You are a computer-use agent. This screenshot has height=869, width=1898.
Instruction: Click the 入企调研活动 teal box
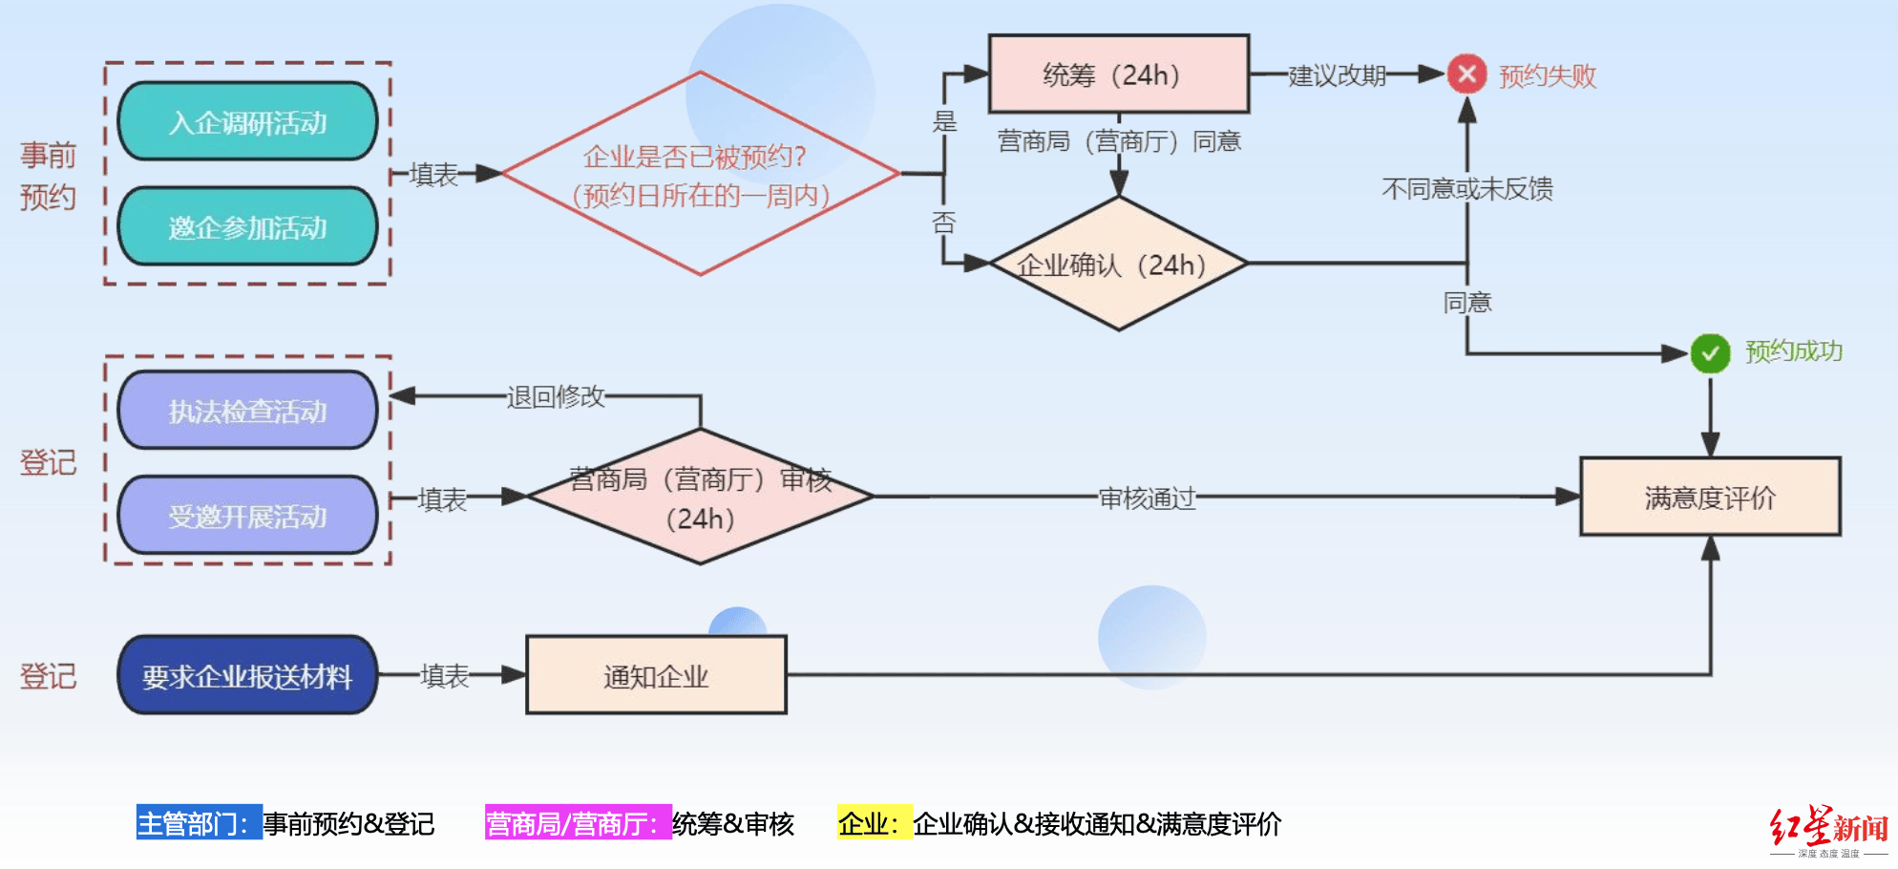(247, 122)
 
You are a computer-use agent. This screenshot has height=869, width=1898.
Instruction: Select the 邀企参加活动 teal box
(247, 227)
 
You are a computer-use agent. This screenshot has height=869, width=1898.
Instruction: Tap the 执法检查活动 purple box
(247, 411)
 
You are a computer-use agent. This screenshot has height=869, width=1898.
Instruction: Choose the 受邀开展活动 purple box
(247, 516)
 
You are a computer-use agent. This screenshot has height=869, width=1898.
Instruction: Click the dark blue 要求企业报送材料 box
(247, 676)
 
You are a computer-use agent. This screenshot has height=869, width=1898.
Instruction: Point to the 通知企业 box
(656, 676)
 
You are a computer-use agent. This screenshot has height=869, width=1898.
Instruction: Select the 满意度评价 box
(1710, 497)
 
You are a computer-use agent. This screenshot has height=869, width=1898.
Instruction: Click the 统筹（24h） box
(1118, 74)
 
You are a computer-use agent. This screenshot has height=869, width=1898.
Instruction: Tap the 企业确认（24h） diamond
(1118, 264)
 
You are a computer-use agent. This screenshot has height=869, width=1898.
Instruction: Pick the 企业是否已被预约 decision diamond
(700, 175)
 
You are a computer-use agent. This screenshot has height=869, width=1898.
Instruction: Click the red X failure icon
(1466, 74)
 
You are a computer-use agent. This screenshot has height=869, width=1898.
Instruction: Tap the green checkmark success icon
(1710, 353)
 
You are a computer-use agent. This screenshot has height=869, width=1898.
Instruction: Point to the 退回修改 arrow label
(556, 396)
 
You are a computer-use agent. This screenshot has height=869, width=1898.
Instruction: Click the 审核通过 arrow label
(1147, 498)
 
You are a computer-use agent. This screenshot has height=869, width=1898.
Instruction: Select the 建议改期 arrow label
(1337, 75)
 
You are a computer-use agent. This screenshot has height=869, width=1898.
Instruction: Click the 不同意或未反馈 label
(1466, 189)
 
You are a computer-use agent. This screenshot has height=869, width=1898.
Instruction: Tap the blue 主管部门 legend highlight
(199, 823)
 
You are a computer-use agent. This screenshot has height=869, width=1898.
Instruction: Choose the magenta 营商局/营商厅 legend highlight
(578, 823)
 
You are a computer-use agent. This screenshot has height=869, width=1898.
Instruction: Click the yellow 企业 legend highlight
(874, 823)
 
